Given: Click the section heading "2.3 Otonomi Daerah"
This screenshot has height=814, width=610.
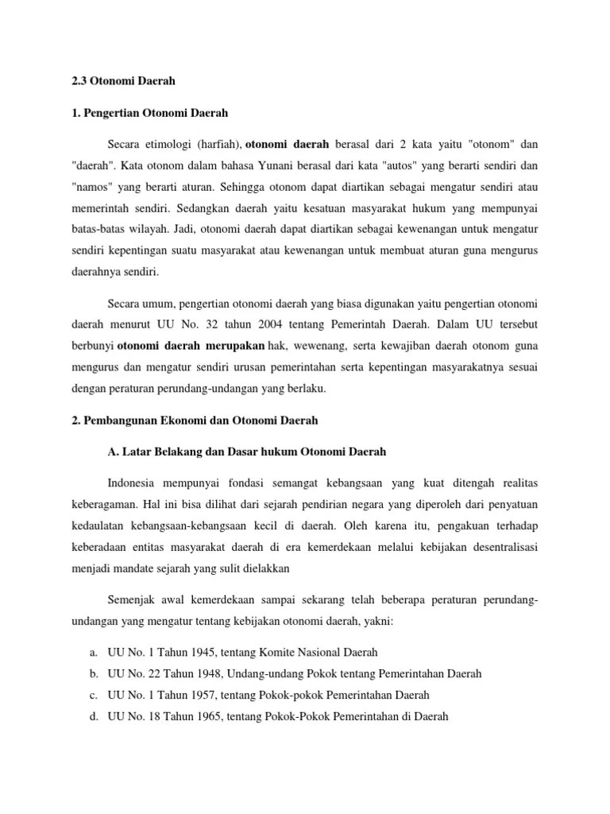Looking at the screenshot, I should tap(122, 81).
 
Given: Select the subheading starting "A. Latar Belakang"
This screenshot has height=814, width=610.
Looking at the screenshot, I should tap(246, 452).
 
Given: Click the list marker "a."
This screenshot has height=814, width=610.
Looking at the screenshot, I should tap(93, 653).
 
